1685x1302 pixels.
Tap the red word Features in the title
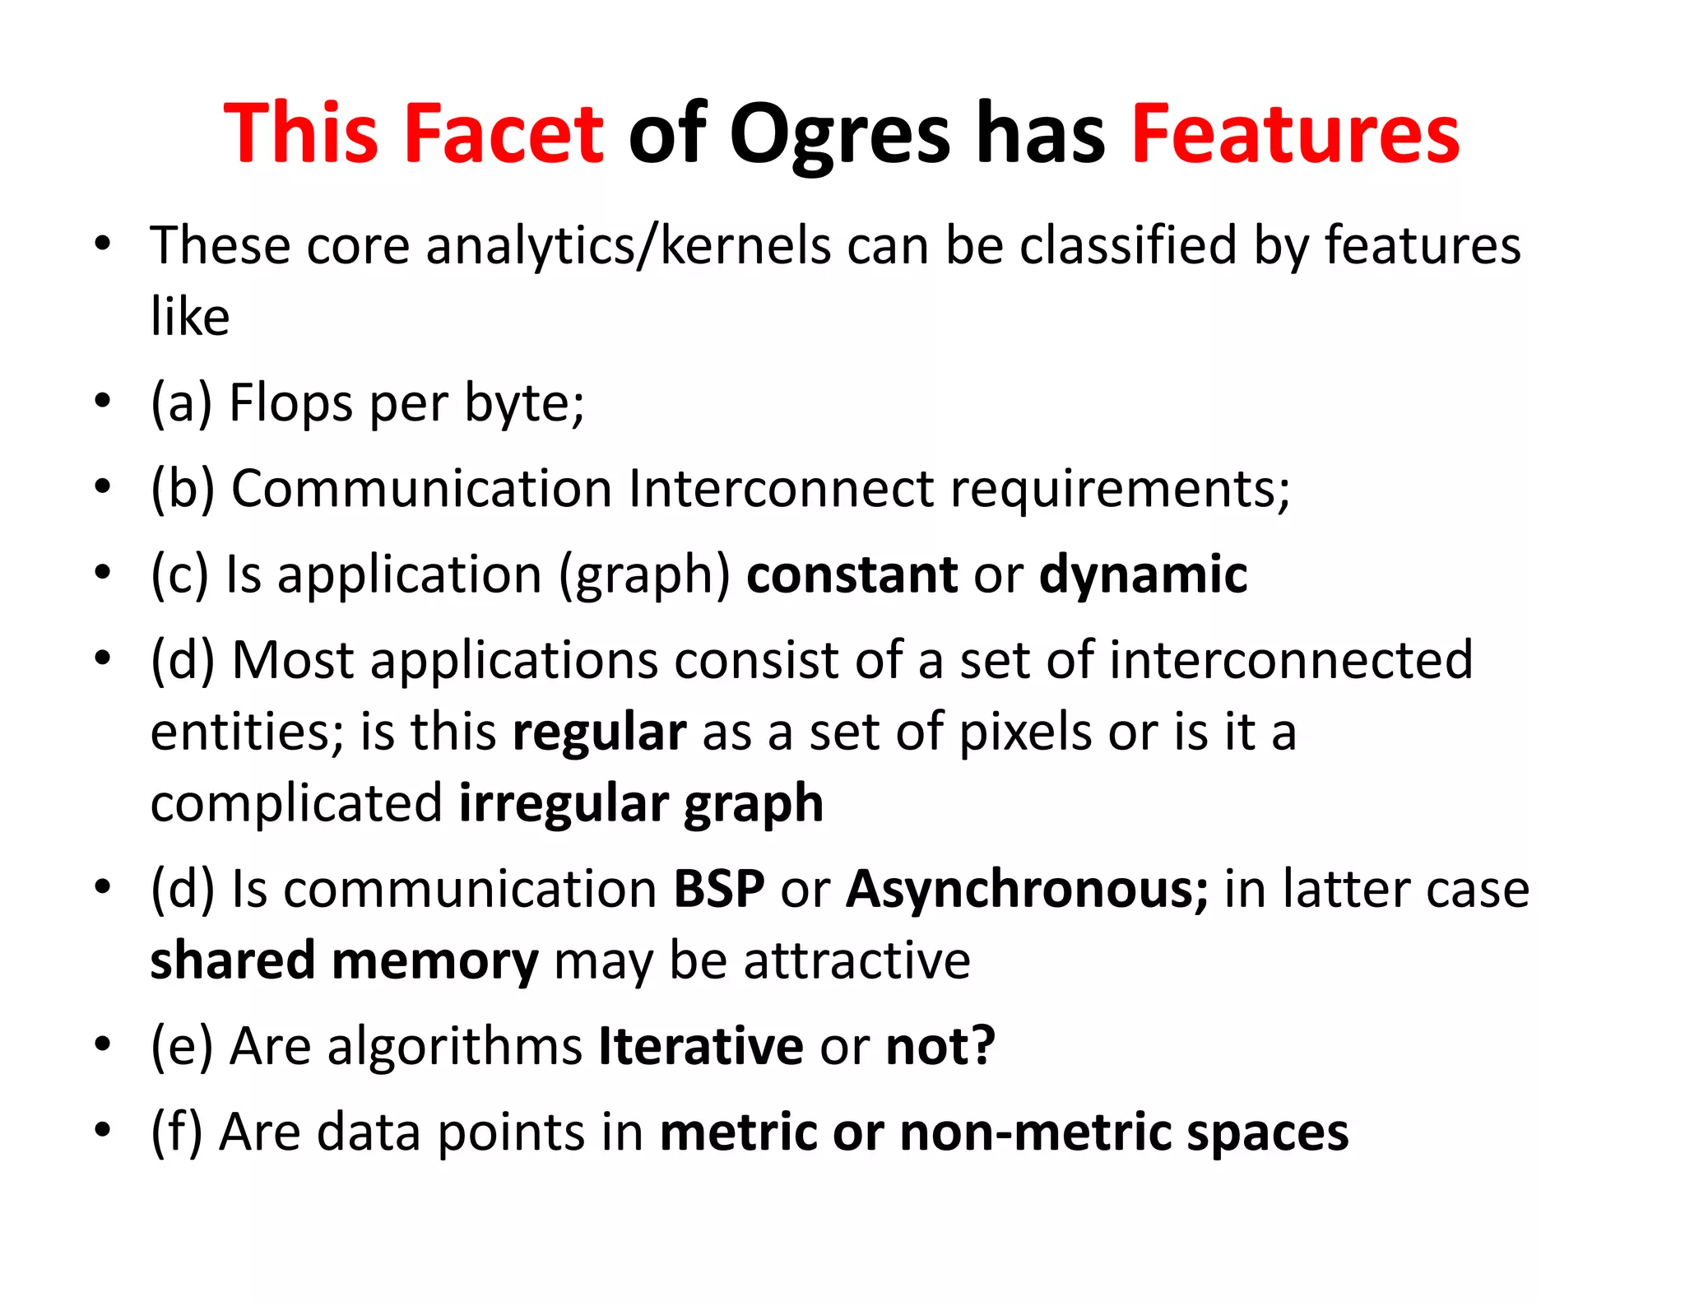1295,133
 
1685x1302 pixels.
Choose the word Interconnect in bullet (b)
781,489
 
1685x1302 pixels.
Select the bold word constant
852,574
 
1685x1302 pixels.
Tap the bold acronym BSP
719,890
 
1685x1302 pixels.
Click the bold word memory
434,961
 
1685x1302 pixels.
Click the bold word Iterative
701,1047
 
